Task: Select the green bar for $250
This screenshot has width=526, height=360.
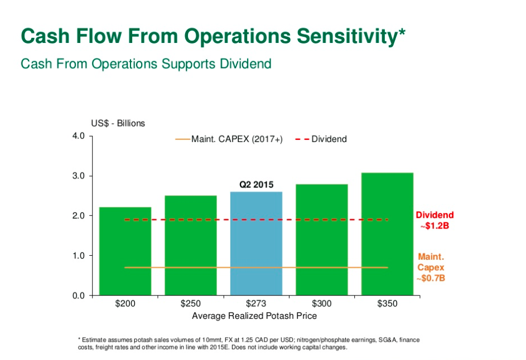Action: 191,245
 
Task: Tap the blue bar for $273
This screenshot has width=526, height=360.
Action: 256,243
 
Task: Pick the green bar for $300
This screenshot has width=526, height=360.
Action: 322,240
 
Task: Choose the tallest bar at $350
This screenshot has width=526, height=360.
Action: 387,234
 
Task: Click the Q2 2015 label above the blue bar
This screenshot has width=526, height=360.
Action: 257,184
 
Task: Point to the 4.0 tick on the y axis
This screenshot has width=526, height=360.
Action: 78,136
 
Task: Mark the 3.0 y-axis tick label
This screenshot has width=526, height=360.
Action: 78,176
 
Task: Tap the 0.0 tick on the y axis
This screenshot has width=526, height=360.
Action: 78,295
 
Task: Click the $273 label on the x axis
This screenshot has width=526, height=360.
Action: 256,304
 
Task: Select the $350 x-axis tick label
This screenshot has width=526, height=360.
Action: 387,304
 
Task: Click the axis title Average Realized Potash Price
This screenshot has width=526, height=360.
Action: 254,316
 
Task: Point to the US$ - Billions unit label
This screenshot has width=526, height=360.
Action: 118,123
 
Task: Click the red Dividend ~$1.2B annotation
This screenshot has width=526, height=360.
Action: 435,220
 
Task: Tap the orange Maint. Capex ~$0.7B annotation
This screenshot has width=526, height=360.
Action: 431,267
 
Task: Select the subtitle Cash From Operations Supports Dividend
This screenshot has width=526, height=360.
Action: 146,64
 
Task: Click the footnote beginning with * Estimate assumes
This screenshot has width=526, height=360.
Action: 248,343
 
